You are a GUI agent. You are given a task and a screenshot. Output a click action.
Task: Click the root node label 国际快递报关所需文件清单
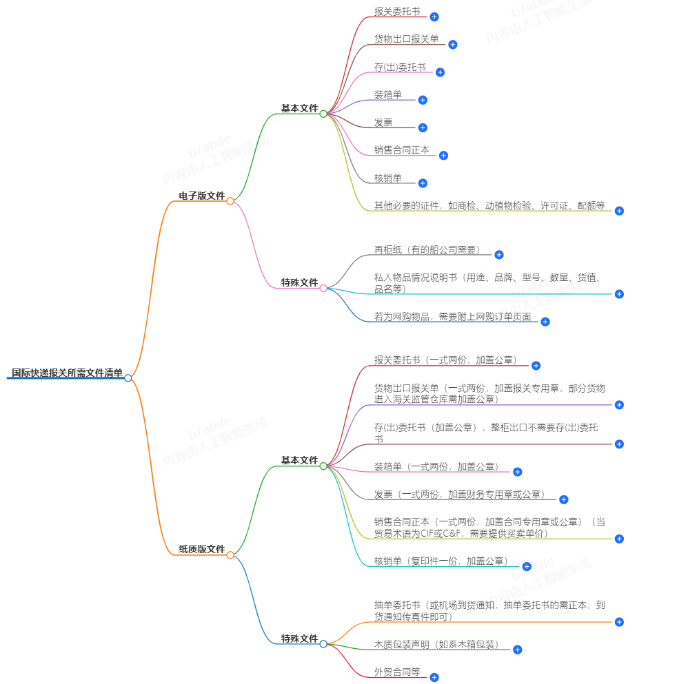click(x=67, y=373)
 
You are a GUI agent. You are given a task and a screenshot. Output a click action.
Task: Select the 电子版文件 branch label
click(x=202, y=196)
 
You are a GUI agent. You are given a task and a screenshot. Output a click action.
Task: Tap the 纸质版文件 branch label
click(x=202, y=549)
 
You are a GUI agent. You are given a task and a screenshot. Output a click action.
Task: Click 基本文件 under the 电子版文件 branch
click(x=299, y=109)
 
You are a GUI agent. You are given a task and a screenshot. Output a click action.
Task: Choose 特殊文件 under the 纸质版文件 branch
click(x=299, y=639)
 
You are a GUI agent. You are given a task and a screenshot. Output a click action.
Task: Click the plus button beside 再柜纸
click(x=499, y=255)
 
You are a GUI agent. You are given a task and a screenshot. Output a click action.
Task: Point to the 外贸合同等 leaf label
click(x=397, y=672)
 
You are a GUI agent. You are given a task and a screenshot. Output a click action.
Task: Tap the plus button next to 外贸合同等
click(x=434, y=677)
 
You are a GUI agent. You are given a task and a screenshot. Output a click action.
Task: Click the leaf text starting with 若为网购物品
click(x=452, y=317)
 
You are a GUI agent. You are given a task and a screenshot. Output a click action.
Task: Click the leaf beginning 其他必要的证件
click(x=489, y=205)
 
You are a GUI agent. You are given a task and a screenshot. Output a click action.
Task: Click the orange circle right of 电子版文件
click(x=230, y=201)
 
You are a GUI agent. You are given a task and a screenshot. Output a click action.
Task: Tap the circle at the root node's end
click(x=128, y=377)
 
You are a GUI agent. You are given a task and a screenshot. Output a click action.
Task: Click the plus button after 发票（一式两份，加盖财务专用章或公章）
click(x=563, y=499)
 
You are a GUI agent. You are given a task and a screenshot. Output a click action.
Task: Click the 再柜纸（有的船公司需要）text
click(x=427, y=250)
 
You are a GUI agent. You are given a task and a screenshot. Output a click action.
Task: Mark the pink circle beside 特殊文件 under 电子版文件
click(x=323, y=288)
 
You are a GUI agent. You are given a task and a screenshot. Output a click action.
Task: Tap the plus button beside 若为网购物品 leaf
click(x=545, y=322)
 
